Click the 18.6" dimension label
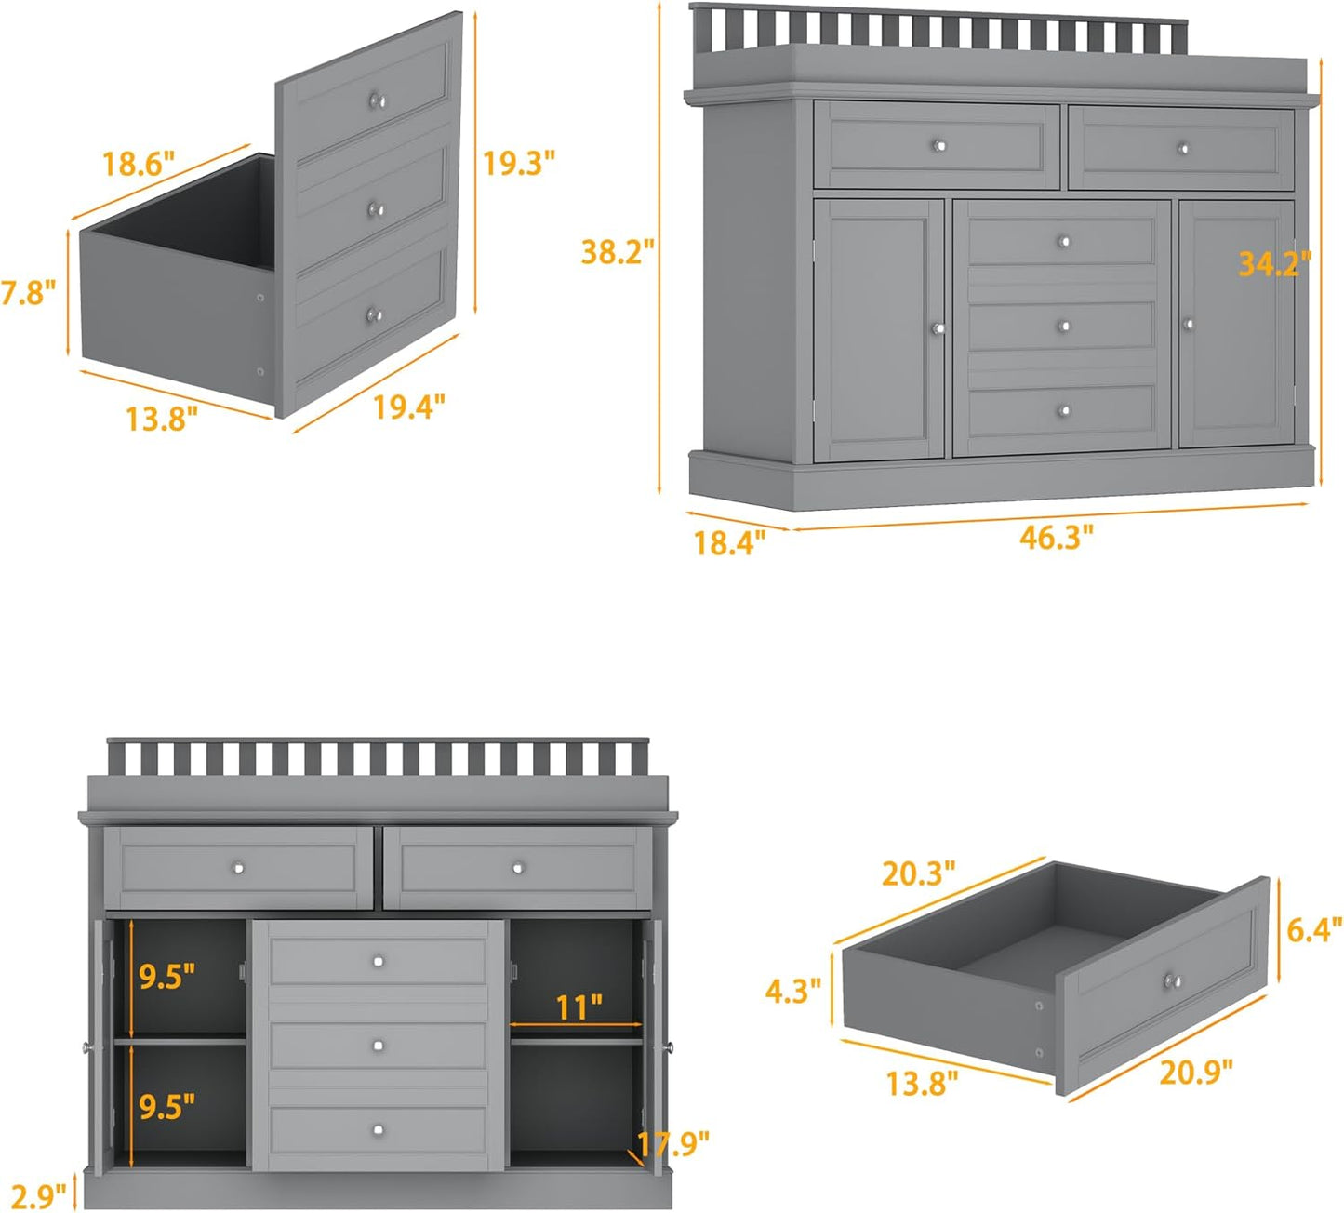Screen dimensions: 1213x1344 [139, 165]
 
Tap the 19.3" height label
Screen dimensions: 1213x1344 [518, 163]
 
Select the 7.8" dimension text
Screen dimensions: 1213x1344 [28, 293]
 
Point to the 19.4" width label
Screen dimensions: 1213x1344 [409, 407]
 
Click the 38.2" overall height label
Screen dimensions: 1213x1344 [618, 251]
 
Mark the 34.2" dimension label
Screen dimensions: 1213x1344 [1274, 264]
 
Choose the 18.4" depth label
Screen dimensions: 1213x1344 [730, 542]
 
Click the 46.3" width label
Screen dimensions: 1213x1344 [1057, 537]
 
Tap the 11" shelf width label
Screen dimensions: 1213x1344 [579, 1006]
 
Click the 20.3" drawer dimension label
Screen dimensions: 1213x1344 [918, 873]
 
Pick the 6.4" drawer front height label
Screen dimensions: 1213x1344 [1314, 929]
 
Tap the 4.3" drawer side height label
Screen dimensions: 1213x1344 [792, 991]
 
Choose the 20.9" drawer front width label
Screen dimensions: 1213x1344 [1196, 1072]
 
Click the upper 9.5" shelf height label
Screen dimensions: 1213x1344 [167, 976]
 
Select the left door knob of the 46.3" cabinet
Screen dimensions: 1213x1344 [938, 327]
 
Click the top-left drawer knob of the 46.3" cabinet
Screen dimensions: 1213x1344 [938, 145]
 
